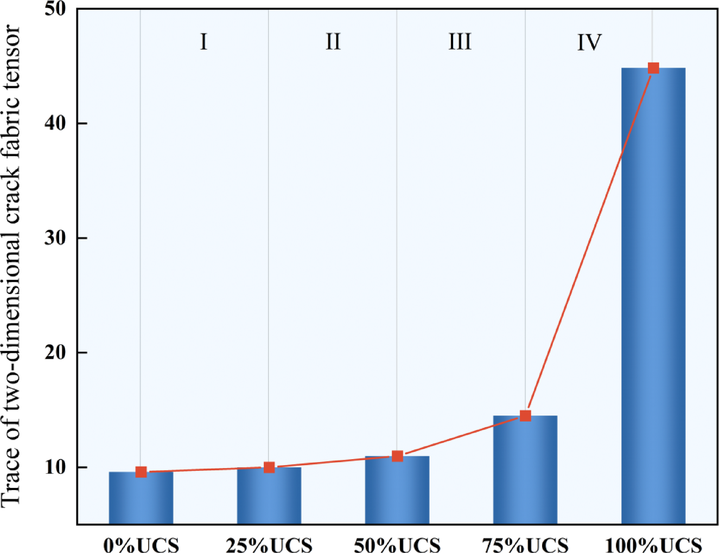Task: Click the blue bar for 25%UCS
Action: [269, 496]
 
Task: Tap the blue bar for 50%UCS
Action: [397, 490]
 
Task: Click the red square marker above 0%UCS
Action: [141, 472]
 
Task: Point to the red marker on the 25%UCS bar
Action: [269, 467]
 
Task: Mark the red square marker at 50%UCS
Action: [397, 456]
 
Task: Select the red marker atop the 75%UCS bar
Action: [525, 416]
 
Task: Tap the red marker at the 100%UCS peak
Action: [653, 68]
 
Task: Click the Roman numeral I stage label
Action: [203, 42]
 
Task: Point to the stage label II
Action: [333, 42]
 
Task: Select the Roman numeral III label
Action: [460, 42]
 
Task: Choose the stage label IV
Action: [589, 42]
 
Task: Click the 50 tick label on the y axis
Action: [56, 9]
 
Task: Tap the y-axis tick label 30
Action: [56, 238]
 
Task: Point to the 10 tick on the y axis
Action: [56, 467]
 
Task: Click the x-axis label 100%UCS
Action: [653, 544]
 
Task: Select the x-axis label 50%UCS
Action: [397, 544]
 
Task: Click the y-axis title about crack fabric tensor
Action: [12, 266]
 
